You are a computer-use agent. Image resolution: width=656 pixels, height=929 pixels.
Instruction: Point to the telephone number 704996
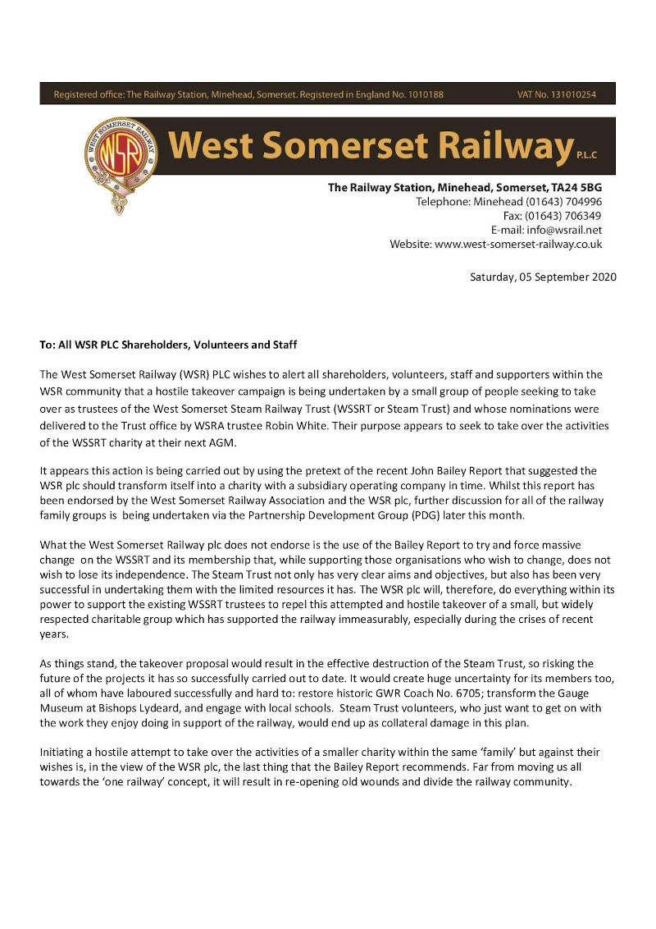coord(583,202)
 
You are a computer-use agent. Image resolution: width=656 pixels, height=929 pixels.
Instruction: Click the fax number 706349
coord(583,216)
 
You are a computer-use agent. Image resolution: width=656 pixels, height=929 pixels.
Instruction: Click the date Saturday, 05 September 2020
coord(542,277)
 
